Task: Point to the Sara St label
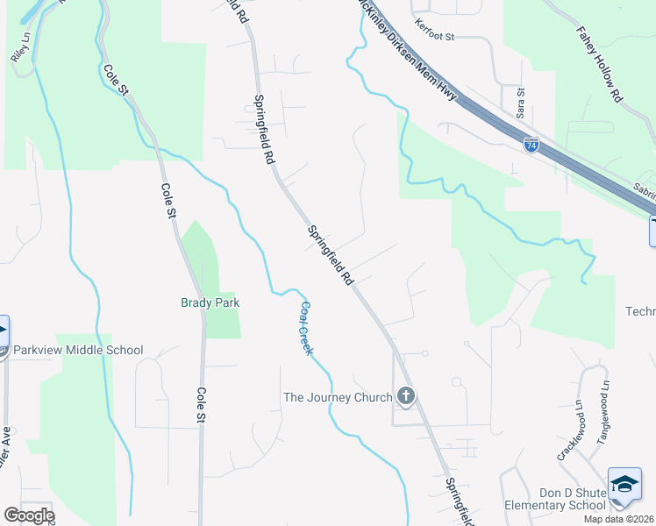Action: coord(520,103)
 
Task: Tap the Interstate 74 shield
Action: coord(531,144)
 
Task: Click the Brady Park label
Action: coord(210,302)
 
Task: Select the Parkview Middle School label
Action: coord(78,350)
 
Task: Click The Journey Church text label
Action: coord(338,397)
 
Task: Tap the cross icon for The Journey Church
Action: coord(405,397)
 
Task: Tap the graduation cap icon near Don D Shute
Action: coord(624,485)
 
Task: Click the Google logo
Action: coord(29,515)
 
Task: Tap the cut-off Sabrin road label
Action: coord(644,191)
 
